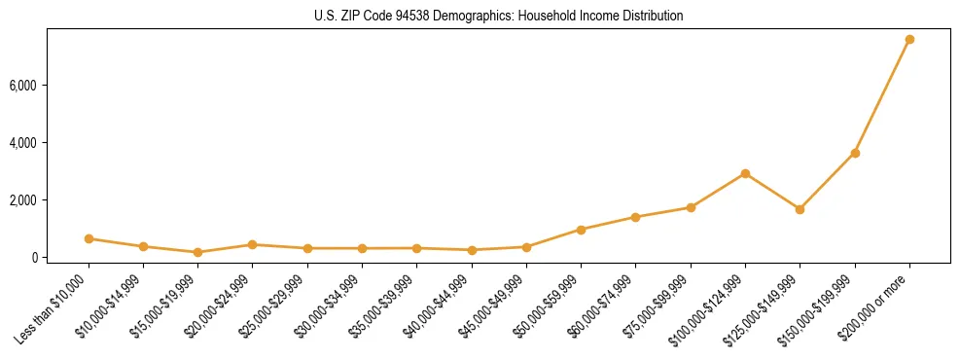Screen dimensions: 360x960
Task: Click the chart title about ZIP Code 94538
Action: coord(480,17)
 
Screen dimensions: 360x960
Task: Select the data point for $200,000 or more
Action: coord(909,40)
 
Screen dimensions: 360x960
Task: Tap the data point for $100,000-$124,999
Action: coord(745,173)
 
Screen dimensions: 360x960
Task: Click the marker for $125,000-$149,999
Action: coord(800,209)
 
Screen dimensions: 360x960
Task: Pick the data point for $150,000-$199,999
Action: coord(855,153)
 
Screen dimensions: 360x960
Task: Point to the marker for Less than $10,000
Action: coord(89,238)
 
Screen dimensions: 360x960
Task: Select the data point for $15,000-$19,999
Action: coord(197,252)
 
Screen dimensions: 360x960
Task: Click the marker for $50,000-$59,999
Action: coord(581,230)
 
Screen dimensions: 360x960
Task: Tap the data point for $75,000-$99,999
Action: coord(691,207)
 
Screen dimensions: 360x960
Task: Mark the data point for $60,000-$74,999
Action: coord(635,217)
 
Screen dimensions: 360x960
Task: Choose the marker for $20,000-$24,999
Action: coord(253,244)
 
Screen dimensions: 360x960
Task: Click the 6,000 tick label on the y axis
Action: coord(49,86)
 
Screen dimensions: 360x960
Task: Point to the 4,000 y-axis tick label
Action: coord(49,143)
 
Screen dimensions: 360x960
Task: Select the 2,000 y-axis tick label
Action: coord(49,200)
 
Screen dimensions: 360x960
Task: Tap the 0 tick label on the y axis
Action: coord(59,258)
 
